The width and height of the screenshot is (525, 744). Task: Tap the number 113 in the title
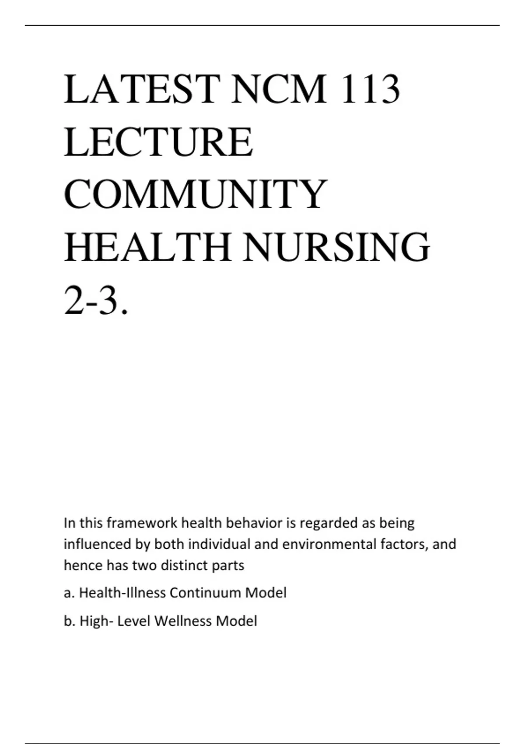[x=370, y=90]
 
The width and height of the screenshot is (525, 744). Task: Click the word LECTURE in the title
[x=158, y=142]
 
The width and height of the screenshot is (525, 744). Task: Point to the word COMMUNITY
[x=196, y=194]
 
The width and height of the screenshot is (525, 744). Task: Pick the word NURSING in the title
[x=336, y=247]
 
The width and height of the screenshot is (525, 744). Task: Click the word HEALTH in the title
[x=147, y=247]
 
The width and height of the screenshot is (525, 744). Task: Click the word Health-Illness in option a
[x=122, y=593]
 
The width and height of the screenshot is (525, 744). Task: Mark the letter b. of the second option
[x=69, y=621]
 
